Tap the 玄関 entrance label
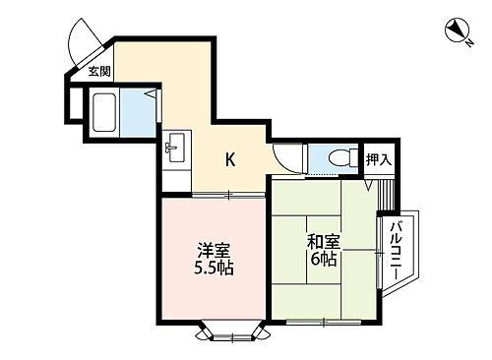(x=98, y=71)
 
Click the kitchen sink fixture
(x=177, y=150)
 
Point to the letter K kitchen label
(x=230, y=159)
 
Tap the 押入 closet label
(x=378, y=158)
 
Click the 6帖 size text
(x=322, y=262)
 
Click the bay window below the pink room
(x=231, y=334)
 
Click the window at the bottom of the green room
(x=325, y=322)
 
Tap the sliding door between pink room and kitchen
(x=227, y=194)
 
